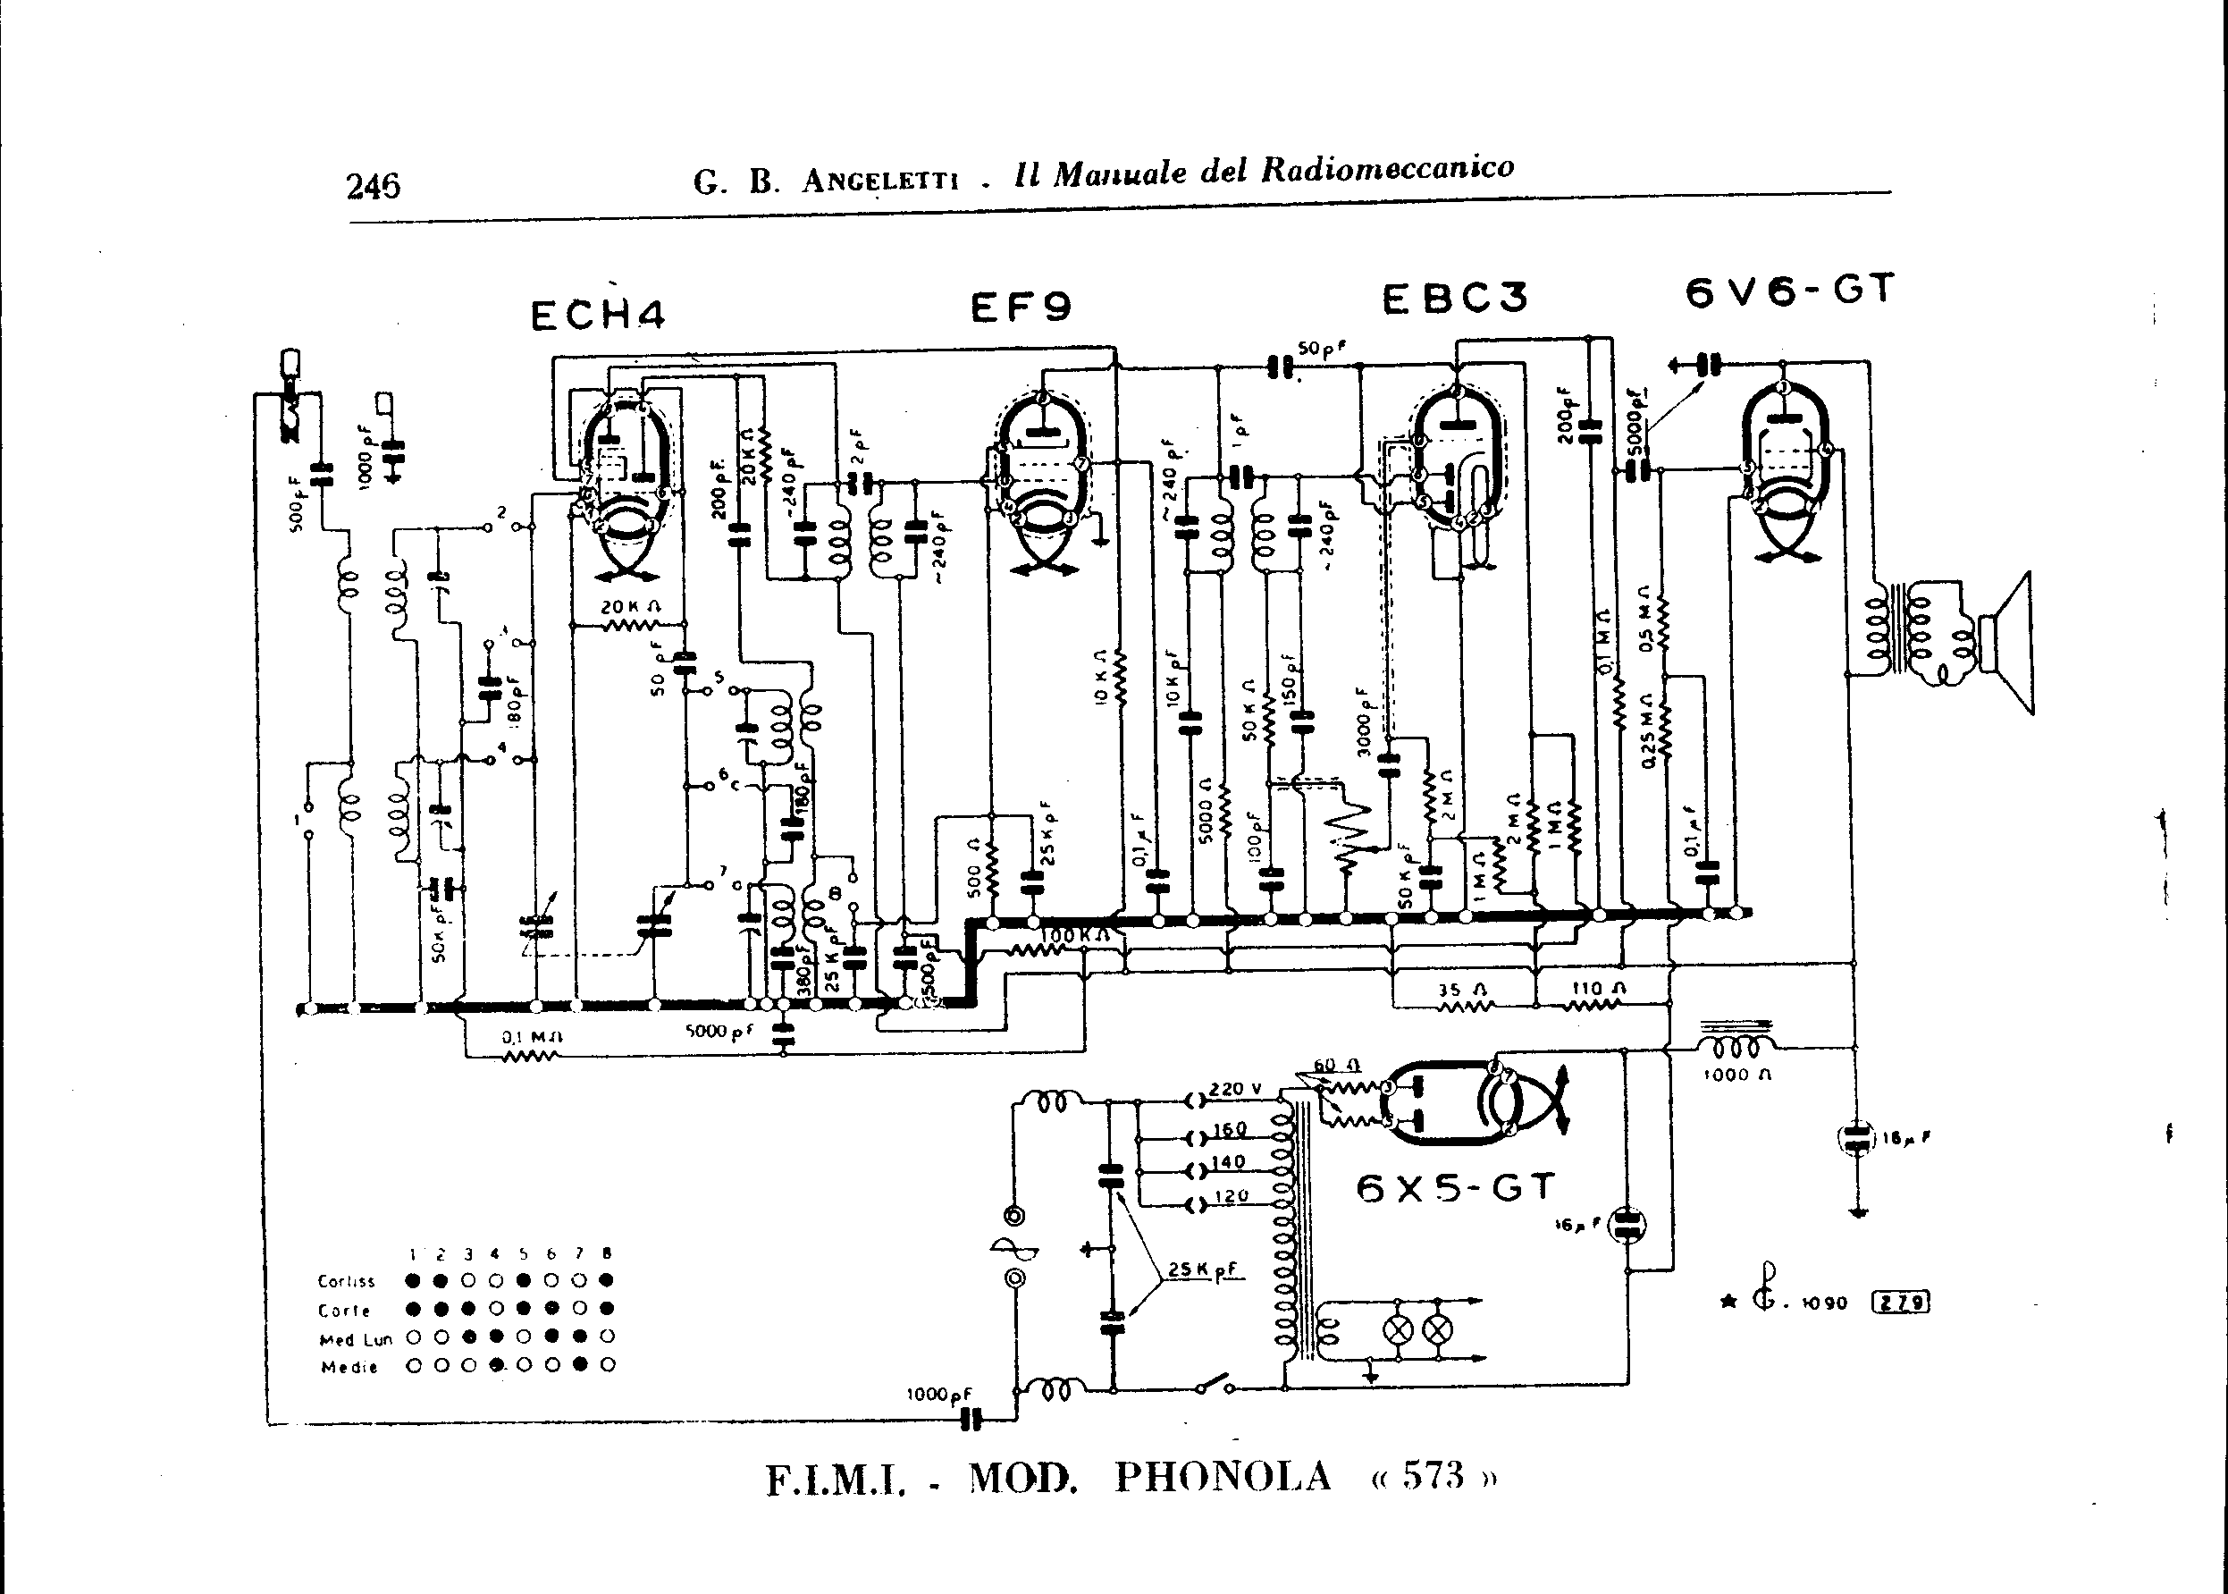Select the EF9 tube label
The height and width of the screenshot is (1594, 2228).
coord(1021,308)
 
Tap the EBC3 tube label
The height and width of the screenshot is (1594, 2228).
coord(1455,299)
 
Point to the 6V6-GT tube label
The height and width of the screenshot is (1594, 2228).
coord(1788,291)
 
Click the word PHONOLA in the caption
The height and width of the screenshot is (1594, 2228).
coord(1223,1476)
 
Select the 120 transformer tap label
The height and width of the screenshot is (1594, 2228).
coord(1231,1195)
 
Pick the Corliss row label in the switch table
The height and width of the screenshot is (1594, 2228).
coord(347,1281)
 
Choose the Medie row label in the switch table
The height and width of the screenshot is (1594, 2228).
coord(349,1367)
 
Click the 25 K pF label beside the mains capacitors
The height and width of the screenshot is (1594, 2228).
coord(1205,1269)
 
